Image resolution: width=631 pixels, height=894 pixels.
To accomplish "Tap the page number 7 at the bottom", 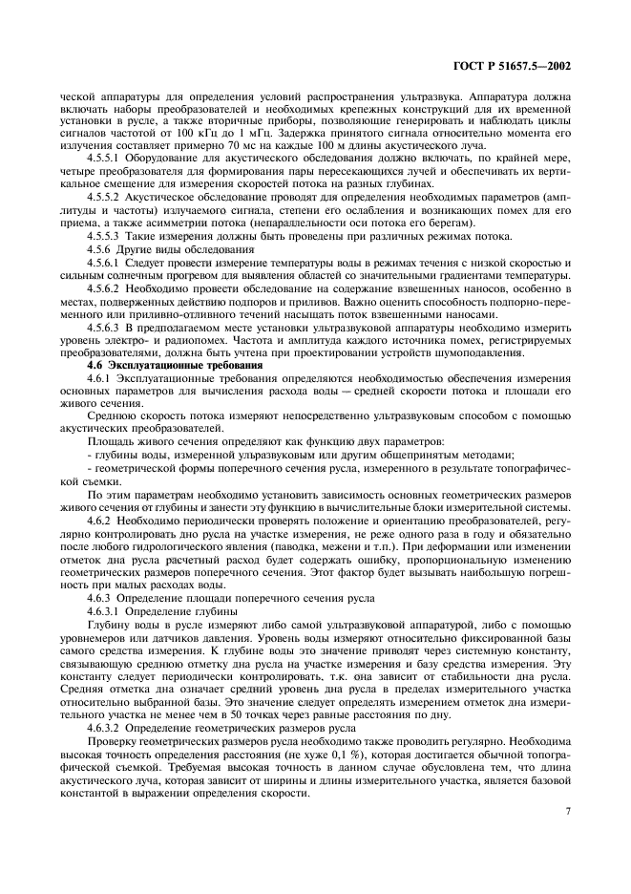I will pos(567,813).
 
